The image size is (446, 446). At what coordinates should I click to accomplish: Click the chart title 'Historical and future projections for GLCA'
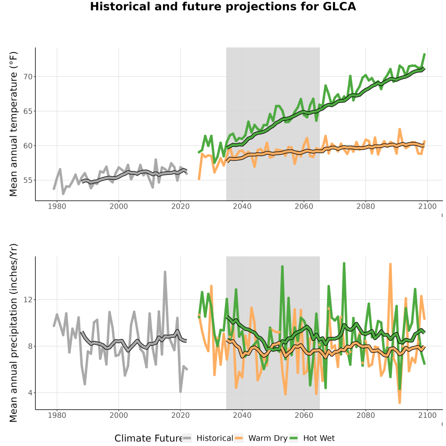tap(223, 6)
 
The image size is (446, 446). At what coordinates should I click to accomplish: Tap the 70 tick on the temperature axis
tap(28, 77)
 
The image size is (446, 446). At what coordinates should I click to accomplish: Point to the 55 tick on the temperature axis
tap(28, 180)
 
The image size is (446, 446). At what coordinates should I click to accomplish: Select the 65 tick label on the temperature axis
tap(28, 111)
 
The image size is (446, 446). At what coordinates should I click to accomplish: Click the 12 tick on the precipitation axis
tap(28, 300)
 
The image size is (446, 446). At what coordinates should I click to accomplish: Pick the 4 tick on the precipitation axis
tap(30, 393)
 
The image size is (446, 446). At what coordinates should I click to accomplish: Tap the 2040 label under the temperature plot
tap(242, 206)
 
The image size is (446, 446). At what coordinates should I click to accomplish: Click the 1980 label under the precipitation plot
tap(57, 415)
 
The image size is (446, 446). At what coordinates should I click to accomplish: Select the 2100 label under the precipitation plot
tap(427, 415)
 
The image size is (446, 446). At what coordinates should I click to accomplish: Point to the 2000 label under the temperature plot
tap(118, 206)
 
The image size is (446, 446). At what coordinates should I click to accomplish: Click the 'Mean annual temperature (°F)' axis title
tap(13, 124)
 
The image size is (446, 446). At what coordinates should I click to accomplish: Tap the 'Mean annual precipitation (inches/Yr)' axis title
tap(13, 333)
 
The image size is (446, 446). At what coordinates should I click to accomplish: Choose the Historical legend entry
tap(208, 439)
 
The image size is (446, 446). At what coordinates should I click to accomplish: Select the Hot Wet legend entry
tap(312, 439)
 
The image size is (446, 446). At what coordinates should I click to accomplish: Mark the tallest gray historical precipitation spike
tap(165, 273)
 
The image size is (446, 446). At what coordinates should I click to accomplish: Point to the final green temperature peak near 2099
tap(424, 55)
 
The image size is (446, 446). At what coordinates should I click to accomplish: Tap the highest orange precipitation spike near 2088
tap(390, 265)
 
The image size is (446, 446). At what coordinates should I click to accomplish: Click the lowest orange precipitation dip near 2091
tap(399, 402)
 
